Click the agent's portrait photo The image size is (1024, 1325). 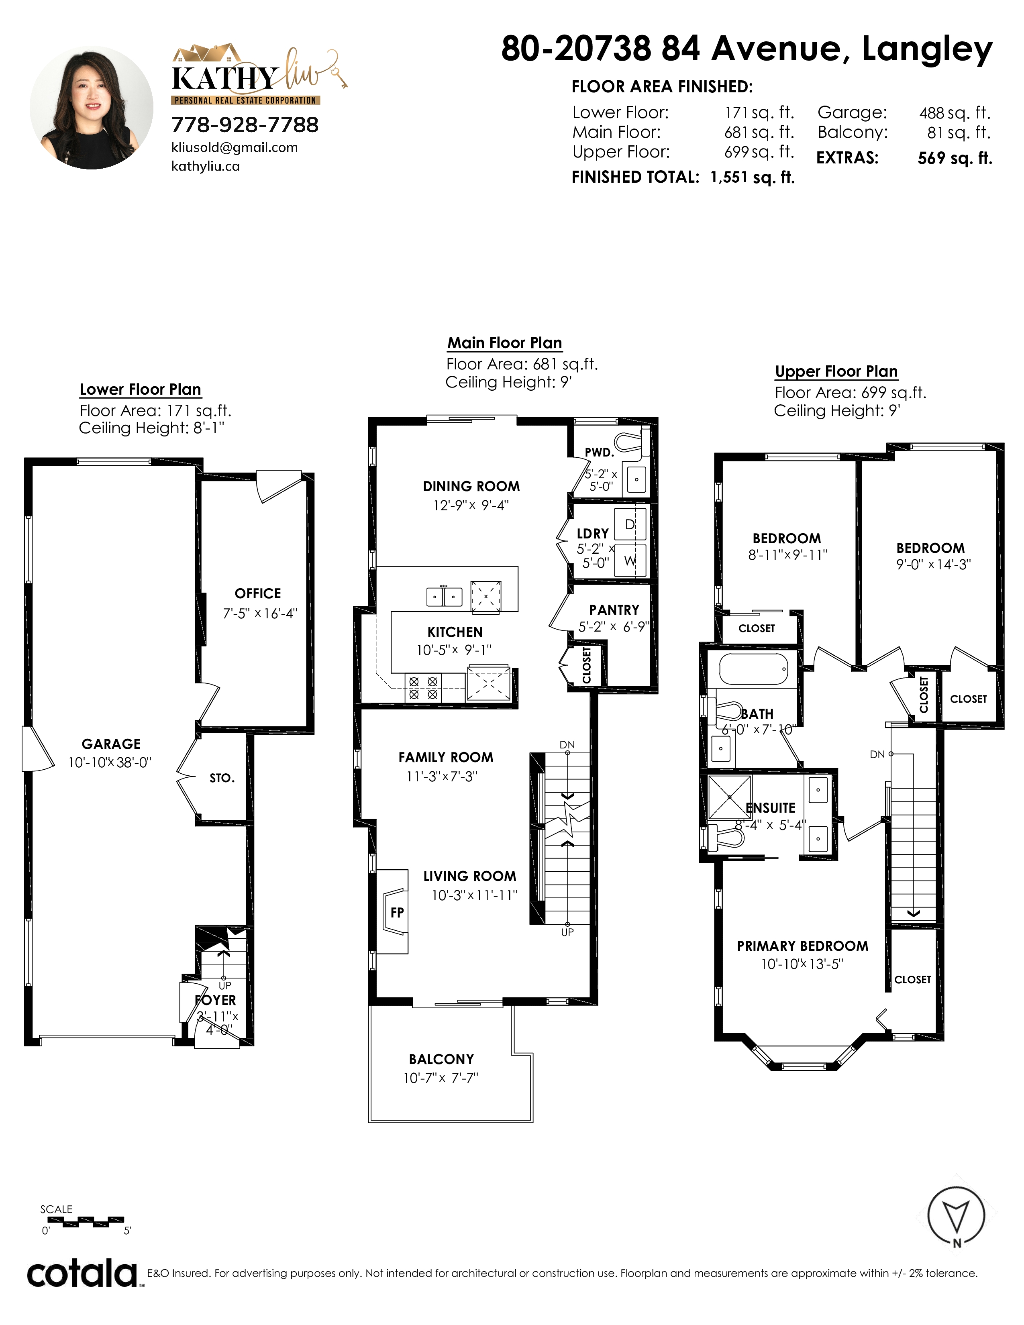click(92, 107)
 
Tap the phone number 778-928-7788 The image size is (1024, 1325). click(245, 124)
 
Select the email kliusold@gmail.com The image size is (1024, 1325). click(235, 147)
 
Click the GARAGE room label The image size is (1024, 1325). click(111, 744)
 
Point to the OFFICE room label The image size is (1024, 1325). click(258, 593)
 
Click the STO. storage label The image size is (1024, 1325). click(222, 778)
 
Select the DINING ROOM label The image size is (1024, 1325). click(471, 486)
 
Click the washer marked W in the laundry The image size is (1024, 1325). click(630, 561)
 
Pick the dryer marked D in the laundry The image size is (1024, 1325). click(630, 524)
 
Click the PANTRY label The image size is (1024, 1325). click(614, 610)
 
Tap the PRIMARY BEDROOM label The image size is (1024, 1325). click(803, 946)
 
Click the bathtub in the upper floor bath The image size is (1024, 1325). click(754, 669)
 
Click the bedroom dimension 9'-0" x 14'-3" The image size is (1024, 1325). click(934, 564)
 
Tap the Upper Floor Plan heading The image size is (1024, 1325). click(836, 371)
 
